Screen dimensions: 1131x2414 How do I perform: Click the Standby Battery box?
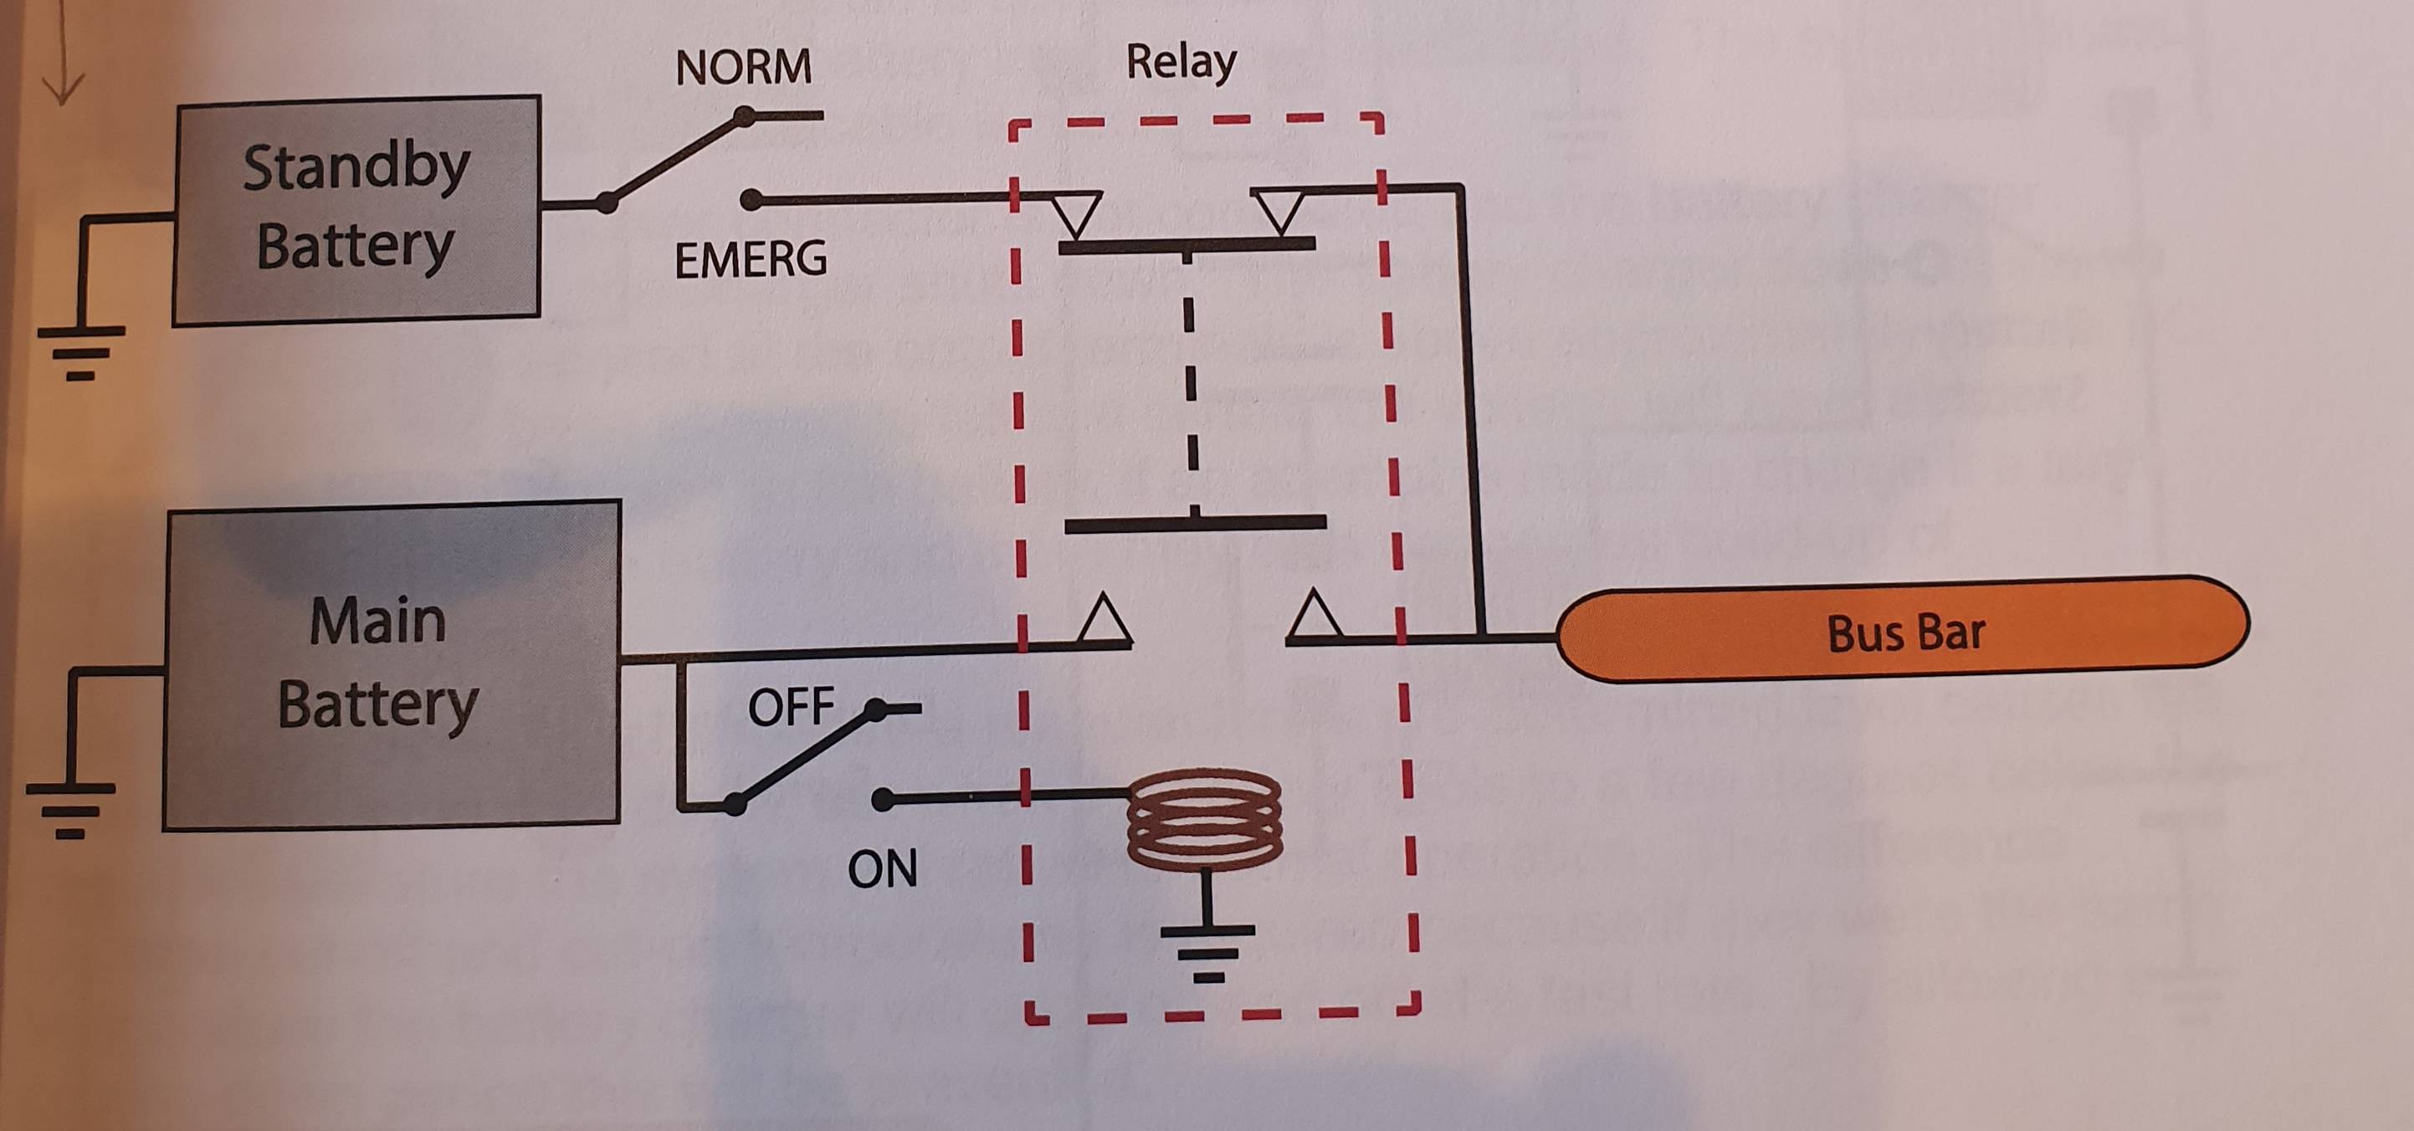click(x=356, y=210)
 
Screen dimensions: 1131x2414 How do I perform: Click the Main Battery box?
click(x=392, y=664)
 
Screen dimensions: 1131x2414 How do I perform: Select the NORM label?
click(x=743, y=69)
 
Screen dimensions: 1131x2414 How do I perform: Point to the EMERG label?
click(x=751, y=259)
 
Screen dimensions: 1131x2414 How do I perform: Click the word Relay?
click(x=1181, y=63)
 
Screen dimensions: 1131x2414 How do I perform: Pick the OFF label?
click(x=790, y=707)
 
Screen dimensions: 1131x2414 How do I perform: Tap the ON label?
click(x=882, y=868)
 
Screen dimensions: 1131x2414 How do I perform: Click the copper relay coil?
click(x=1204, y=819)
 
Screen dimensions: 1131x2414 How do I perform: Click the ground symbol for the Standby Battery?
click(x=80, y=352)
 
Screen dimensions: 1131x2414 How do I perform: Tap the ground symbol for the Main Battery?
click(x=70, y=809)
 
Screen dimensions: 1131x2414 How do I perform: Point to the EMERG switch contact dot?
click(x=751, y=200)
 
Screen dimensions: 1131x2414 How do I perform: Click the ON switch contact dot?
click(x=882, y=799)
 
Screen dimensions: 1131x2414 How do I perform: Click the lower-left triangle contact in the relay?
click(x=1104, y=619)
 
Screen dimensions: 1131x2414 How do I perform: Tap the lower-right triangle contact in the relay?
click(x=1315, y=617)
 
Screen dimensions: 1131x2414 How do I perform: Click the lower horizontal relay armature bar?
click(x=1195, y=523)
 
